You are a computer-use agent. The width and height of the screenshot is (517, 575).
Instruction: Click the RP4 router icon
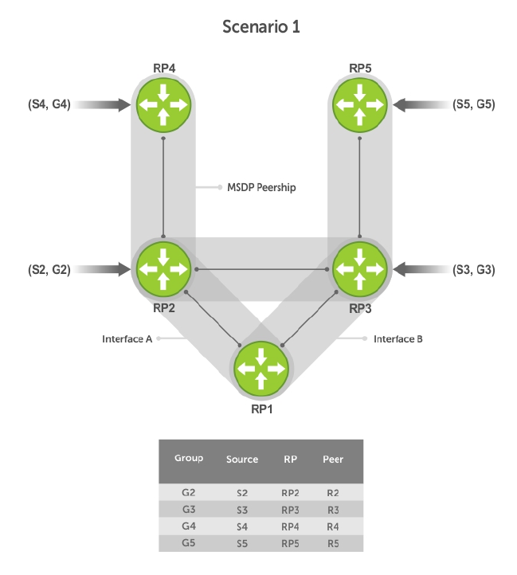pos(163,104)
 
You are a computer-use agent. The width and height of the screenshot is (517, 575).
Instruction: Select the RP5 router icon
pos(360,104)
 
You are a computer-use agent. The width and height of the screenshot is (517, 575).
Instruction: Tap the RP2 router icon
pos(163,269)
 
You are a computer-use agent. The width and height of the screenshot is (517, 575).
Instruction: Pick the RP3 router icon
pos(360,269)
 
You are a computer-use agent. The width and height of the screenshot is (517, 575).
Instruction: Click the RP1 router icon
pos(261,369)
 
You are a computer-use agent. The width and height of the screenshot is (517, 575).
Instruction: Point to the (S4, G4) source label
pos(49,104)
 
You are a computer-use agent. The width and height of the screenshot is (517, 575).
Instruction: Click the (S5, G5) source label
pos(474,104)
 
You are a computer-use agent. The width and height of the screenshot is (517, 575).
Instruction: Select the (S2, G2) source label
pos(49,269)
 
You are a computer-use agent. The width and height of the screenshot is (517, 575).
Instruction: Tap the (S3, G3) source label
pos(474,269)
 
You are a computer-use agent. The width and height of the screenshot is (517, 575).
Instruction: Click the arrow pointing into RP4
pos(103,104)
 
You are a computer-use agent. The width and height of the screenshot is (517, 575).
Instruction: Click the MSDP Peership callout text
pos(261,187)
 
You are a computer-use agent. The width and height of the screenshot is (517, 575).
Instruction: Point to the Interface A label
pos(127,338)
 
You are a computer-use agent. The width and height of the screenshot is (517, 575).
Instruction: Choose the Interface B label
pos(398,338)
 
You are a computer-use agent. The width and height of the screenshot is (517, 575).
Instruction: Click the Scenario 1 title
pos(261,27)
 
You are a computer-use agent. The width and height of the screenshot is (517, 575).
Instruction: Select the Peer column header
pos(333,459)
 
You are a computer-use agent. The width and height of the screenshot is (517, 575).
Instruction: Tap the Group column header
pos(189,458)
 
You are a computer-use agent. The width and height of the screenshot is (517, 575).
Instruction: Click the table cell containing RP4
pos(290,527)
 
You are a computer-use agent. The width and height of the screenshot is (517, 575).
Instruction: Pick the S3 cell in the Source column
pos(242,510)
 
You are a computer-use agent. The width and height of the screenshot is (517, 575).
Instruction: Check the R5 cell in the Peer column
pos(333,543)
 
